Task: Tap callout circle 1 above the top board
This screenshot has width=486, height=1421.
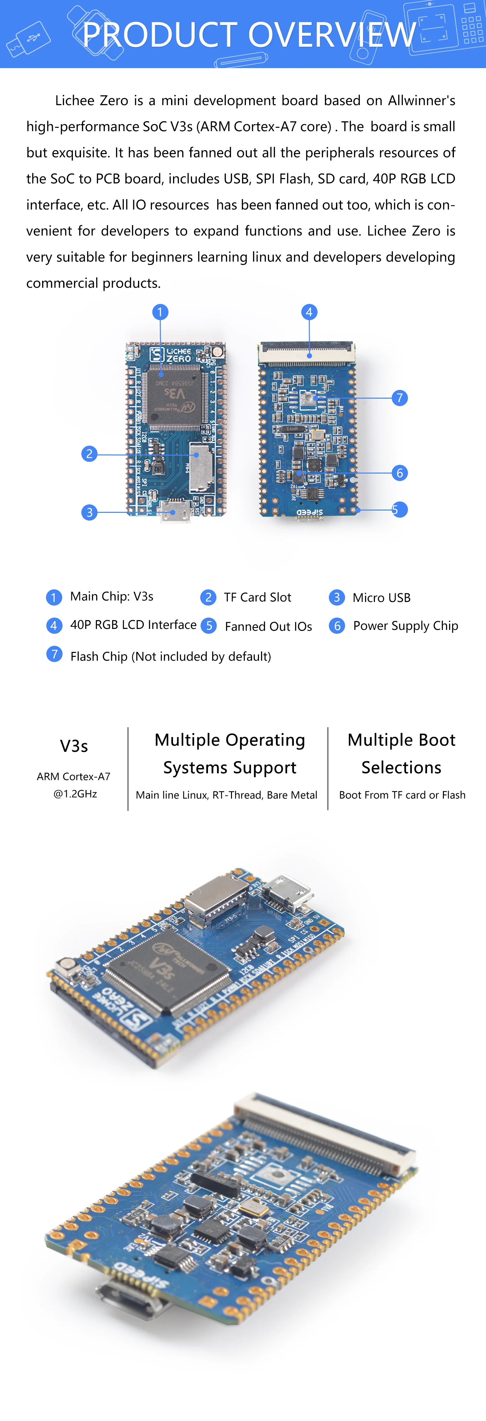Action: (x=160, y=312)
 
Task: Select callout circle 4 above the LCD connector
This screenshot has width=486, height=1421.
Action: (x=309, y=312)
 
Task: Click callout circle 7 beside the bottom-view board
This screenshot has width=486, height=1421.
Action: (x=399, y=398)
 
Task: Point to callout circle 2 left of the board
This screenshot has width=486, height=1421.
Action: (x=89, y=454)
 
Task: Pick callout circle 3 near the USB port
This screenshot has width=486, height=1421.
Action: (x=89, y=512)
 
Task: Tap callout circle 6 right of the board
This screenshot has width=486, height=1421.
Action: (x=399, y=473)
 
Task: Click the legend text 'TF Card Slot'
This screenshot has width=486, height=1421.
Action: (x=257, y=597)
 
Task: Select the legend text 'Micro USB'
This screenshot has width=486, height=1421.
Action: (x=381, y=598)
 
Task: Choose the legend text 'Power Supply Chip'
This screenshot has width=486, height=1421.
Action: (x=406, y=626)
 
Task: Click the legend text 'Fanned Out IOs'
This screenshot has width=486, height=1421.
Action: (x=268, y=627)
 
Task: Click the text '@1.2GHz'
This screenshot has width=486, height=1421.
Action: (x=75, y=794)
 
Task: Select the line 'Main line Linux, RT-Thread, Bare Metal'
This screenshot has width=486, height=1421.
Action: (x=226, y=795)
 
